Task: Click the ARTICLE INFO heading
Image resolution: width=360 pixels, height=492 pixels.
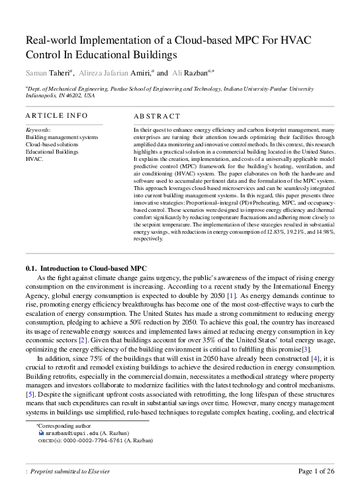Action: [x=56, y=115]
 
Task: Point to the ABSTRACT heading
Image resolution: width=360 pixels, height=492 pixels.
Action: [x=157, y=116]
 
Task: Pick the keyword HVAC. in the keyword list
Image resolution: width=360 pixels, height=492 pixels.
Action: [x=34, y=159]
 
